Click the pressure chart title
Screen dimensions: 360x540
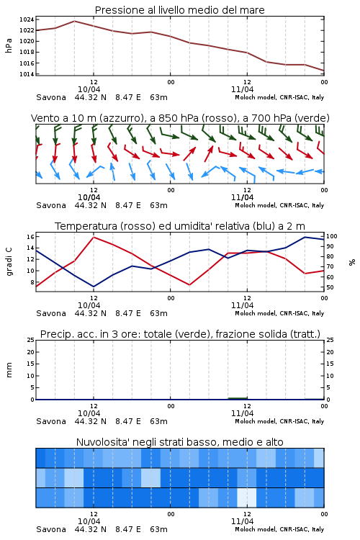click(179, 10)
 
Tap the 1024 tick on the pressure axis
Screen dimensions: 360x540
click(26, 19)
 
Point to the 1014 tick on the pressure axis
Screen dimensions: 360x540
click(26, 74)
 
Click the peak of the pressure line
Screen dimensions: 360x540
click(74, 21)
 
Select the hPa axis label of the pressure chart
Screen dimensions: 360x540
click(9, 45)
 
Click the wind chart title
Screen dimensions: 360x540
click(180, 118)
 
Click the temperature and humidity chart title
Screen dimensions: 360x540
click(180, 226)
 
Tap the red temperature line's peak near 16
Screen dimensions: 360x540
click(94, 237)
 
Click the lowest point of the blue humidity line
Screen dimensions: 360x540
click(94, 287)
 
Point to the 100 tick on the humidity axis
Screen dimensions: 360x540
click(332, 236)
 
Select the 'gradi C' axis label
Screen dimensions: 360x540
click(9, 262)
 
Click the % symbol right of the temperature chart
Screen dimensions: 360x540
click(352, 262)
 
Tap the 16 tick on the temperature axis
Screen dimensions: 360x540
click(30, 237)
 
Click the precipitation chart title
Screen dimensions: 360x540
click(180, 334)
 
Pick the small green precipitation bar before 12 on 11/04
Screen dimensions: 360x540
click(238, 398)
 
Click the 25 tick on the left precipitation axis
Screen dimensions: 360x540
click(31, 340)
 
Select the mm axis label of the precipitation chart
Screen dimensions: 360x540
click(9, 370)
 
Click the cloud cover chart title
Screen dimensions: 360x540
click(180, 442)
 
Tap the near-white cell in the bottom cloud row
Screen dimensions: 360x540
click(247, 498)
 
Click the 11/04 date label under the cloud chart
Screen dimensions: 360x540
click(242, 521)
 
